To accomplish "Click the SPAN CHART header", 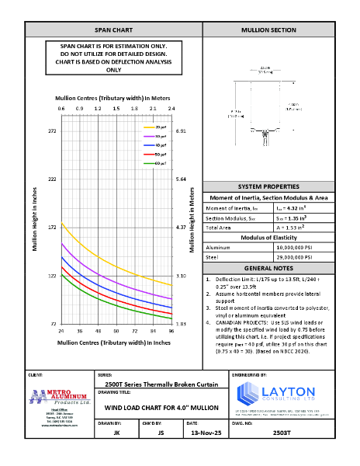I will (113, 30).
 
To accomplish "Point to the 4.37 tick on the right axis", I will (181, 228).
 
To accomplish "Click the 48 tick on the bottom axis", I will (99, 330).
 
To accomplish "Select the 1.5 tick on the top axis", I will (116, 109).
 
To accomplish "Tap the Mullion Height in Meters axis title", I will (192, 226).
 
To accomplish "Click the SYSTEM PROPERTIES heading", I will (268, 187).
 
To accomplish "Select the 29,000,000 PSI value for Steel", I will (295, 256).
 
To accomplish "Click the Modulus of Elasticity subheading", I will (268, 236).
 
